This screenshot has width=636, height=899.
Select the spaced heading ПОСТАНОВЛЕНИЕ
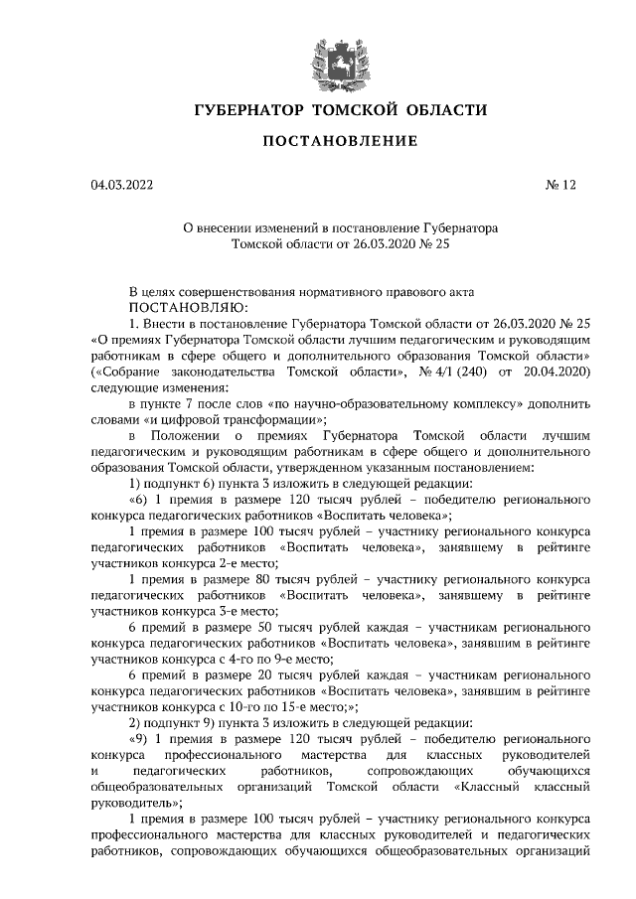[339, 142]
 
